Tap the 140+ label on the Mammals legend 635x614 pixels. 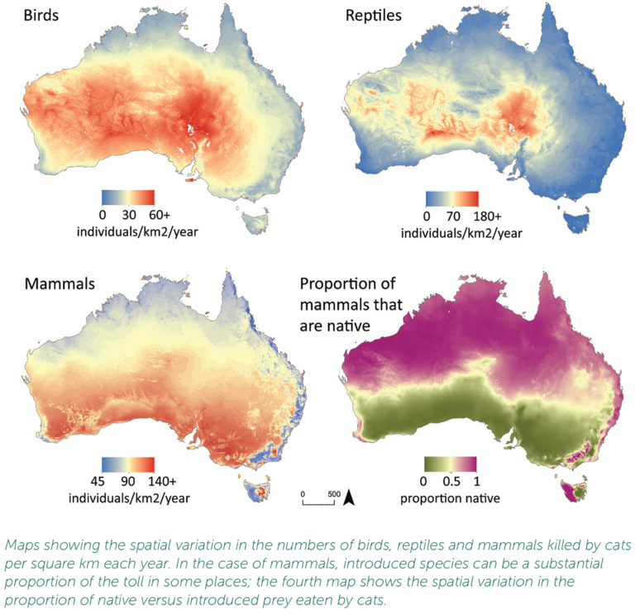coord(163,483)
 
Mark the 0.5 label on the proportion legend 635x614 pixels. coord(454,483)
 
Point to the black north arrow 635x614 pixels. coord(349,497)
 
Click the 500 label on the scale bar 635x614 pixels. coord(333,493)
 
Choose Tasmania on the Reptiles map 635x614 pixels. coord(576,219)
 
